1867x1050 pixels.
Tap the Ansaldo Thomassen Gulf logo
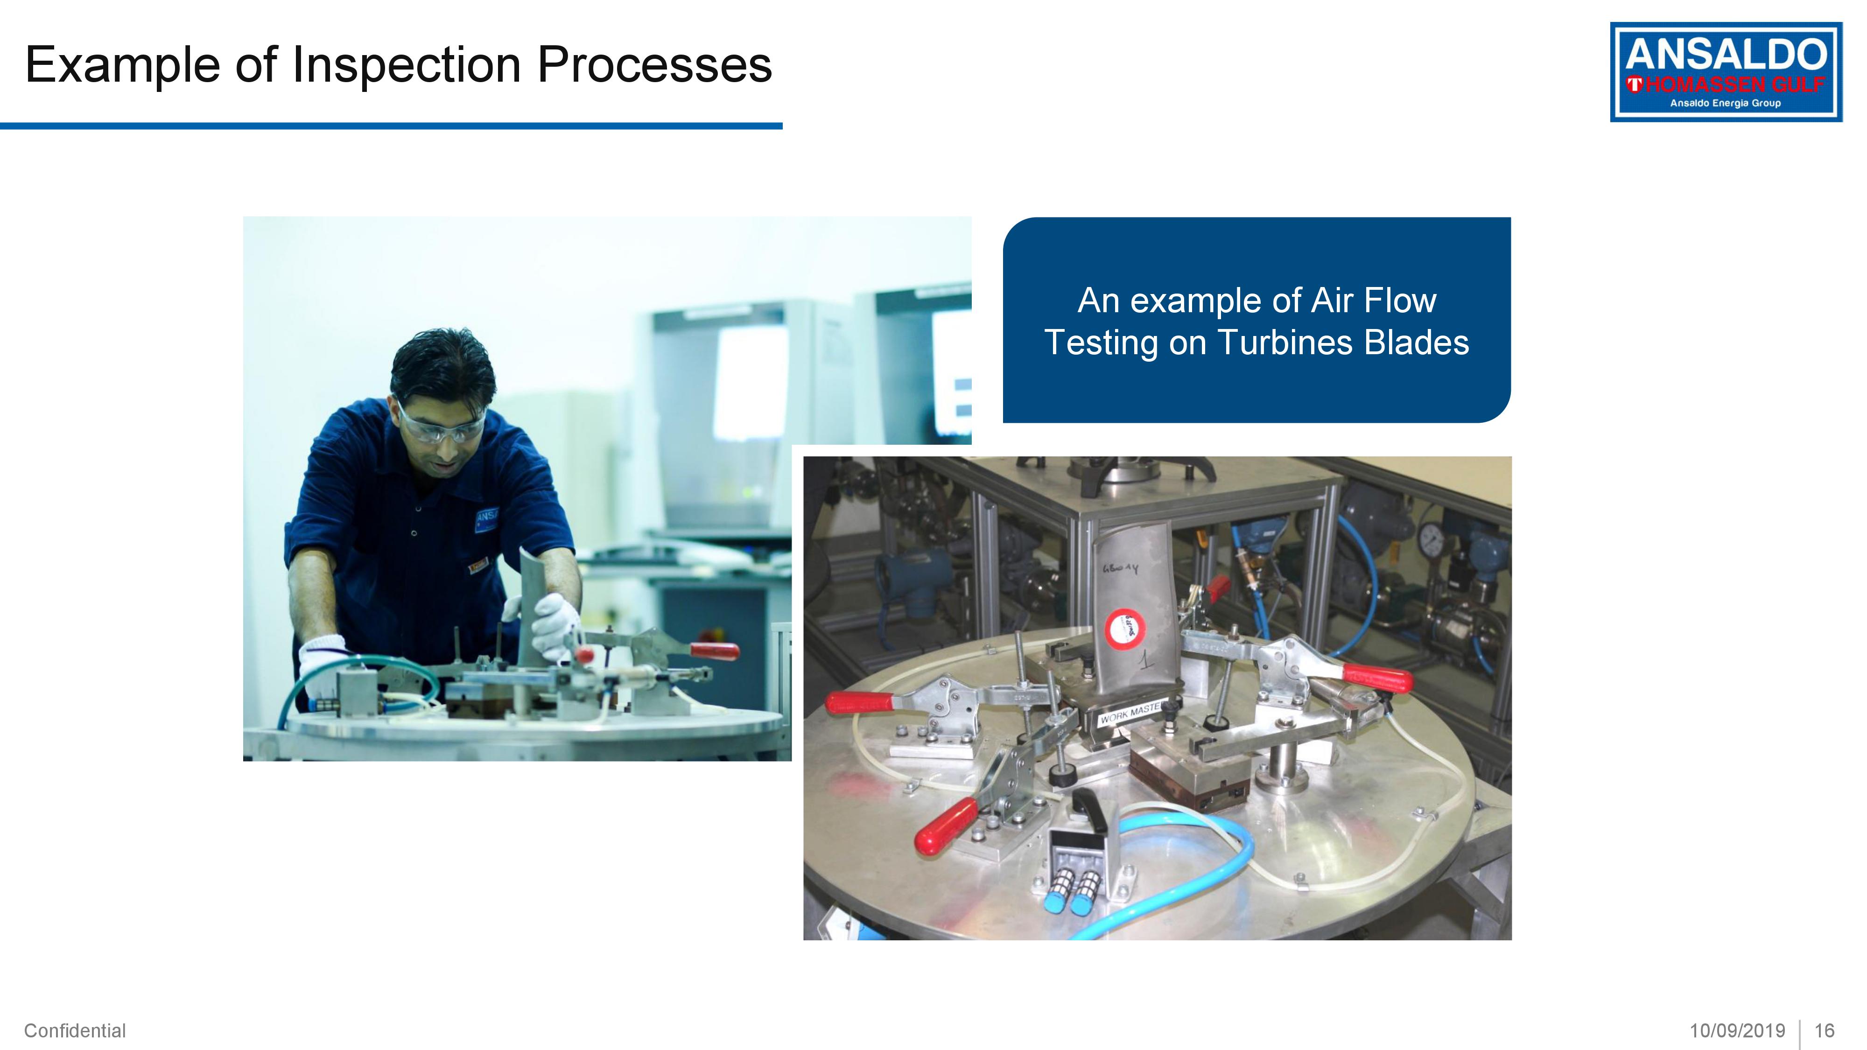pyautogui.click(x=1725, y=72)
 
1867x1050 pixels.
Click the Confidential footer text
pyautogui.click(x=75, y=1030)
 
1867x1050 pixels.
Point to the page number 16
pyautogui.click(x=1824, y=1030)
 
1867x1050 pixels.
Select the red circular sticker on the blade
pyautogui.click(x=1123, y=627)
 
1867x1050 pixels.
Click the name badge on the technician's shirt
pyautogui.click(x=486, y=519)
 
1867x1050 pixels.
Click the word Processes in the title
pyautogui.click(x=654, y=65)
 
